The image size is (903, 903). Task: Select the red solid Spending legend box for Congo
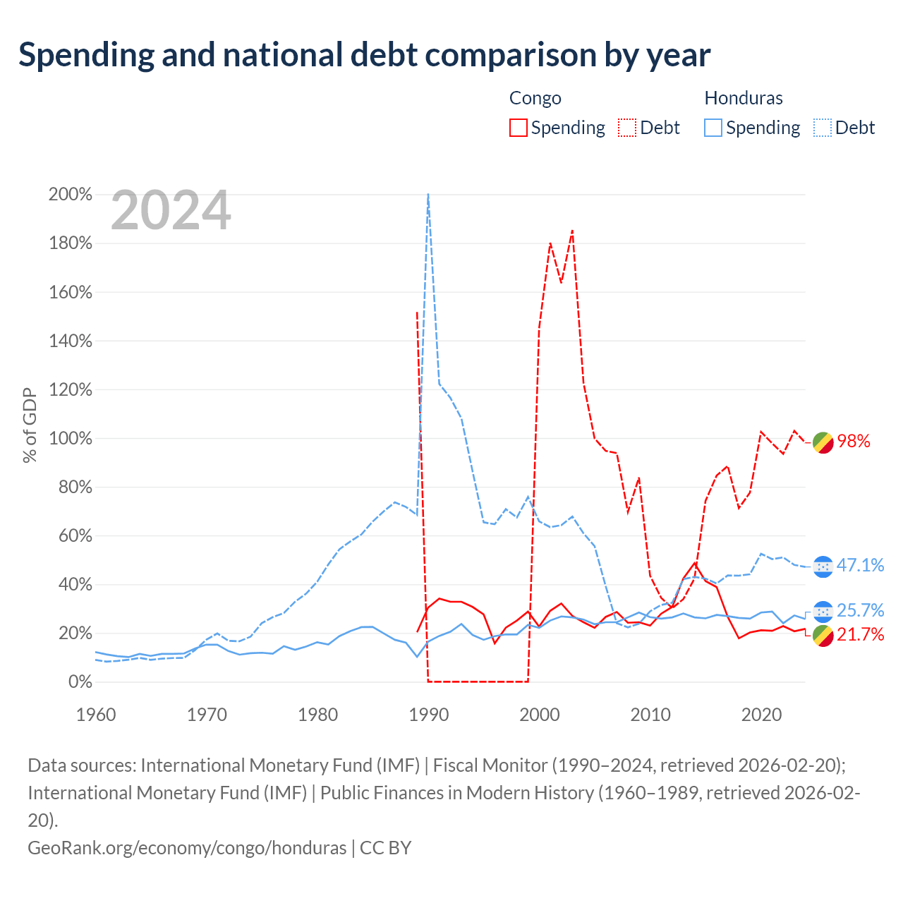click(518, 128)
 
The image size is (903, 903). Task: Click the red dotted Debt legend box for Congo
click(626, 128)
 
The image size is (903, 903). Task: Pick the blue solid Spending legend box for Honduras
click(713, 128)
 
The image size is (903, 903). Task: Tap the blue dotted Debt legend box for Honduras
click(822, 128)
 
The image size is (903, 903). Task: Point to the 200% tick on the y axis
click(71, 194)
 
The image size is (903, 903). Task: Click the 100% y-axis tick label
click(71, 439)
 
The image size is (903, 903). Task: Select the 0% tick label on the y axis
click(80, 681)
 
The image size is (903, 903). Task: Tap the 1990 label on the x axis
click(429, 715)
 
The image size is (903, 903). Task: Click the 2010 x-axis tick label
click(650, 715)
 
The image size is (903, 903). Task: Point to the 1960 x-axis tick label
click(96, 715)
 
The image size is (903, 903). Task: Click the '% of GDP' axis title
click(30, 425)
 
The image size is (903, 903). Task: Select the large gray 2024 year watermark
click(171, 210)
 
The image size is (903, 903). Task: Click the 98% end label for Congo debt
click(854, 441)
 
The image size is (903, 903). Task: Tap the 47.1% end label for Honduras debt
click(861, 565)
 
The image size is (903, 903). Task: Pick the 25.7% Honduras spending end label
click(861, 610)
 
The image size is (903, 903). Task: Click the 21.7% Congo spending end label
click(861, 634)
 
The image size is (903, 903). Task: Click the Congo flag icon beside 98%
click(823, 443)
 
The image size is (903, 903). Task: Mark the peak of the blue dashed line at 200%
click(428, 194)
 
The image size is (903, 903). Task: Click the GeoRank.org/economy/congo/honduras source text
click(187, 848)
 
